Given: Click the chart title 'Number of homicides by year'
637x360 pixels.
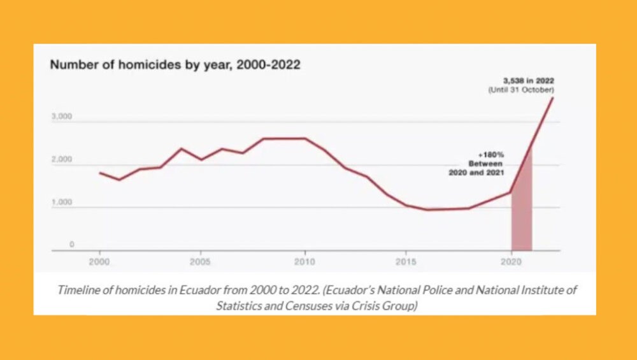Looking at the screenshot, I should [175, 64].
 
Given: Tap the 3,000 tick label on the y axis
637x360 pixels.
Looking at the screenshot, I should [61, 117].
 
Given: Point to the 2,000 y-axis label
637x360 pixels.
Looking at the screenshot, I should [61, 160].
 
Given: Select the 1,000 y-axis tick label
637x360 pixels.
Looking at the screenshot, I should [61, 203].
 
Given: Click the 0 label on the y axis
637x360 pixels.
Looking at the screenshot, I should [71, 245].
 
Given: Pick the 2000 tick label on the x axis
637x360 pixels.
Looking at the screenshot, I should [99, 261].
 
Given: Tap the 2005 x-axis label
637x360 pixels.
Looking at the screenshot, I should [201, 261].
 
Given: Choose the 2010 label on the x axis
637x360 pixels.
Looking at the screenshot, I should [304, 261].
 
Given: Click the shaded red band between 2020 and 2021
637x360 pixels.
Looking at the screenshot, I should [522, 217].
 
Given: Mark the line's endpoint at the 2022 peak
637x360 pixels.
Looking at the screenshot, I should [552, 97].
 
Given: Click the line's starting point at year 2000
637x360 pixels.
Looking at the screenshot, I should [99, 173].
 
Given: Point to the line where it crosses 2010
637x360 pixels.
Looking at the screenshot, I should [304, 138].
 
